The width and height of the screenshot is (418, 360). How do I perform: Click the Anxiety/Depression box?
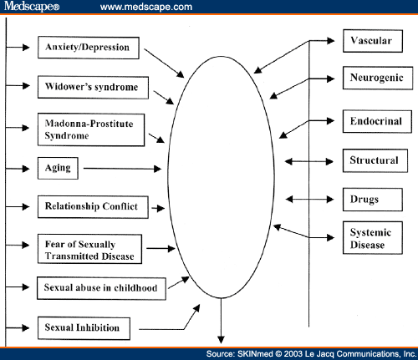tap(89, 48)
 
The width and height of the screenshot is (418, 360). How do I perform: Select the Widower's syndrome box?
tap(93, 87)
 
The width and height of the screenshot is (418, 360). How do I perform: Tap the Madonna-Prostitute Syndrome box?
tap(91, 129)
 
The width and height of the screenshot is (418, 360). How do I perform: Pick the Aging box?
tap(58, 168)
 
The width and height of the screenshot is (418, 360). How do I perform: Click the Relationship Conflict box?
tap(93, 207)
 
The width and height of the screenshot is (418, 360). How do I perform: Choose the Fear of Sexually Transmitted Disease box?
tap(89, 249)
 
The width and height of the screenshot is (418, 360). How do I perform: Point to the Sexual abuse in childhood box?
tap(101, 288)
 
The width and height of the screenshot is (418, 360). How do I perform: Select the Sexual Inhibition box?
tap(84, 328)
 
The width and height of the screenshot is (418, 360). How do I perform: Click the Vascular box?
tap(373, 41)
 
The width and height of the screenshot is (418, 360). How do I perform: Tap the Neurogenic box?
tap(378, 78)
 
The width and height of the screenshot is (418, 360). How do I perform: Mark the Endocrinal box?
tap(377, 121)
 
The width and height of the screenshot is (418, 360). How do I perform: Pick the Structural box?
tap(375, 160)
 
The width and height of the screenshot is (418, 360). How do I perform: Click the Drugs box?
tap(373, 200)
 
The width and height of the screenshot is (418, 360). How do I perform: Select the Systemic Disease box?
tap(373, 238)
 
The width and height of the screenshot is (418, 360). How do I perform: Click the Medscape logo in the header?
tap(32, 6)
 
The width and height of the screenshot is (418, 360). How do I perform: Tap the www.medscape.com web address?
tap(146, 7)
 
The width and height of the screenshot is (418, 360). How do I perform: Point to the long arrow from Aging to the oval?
tap(122, 169)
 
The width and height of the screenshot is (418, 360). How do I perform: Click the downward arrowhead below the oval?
tap(221, 340)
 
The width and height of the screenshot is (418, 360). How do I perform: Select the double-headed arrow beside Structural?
tap(309, 161)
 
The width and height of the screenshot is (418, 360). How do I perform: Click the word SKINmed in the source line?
tap(255, 354)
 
